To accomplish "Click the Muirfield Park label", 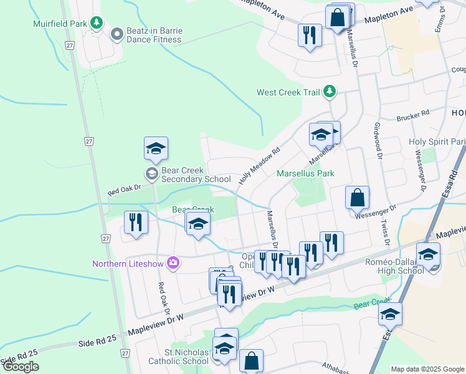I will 60,24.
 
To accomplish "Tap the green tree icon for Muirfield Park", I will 97,24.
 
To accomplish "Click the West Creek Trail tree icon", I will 330,92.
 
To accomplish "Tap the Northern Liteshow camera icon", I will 173,263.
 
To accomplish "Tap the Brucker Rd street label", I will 413,114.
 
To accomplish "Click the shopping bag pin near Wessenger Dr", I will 358,198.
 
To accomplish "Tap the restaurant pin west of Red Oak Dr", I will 135,223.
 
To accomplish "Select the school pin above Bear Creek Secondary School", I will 156,148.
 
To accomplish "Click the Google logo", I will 21,367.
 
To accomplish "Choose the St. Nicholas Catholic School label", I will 178,356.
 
